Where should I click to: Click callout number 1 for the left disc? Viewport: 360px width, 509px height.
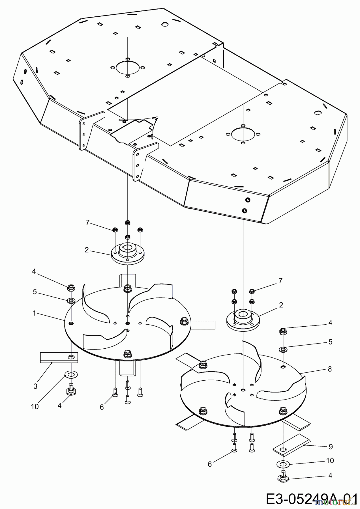pos(34,313)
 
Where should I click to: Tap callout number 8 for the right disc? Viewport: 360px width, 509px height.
pos(330,369)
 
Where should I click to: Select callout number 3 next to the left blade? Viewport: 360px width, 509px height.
pos(35,386)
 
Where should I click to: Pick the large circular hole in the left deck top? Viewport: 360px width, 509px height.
pos(128,68)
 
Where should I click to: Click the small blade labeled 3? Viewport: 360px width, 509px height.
pos(59,357)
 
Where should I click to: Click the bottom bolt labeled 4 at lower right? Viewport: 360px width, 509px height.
pos(283,477)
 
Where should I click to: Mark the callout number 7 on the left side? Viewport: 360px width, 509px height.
pos(87,223)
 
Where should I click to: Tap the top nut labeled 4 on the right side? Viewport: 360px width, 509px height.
pos(283,331)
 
